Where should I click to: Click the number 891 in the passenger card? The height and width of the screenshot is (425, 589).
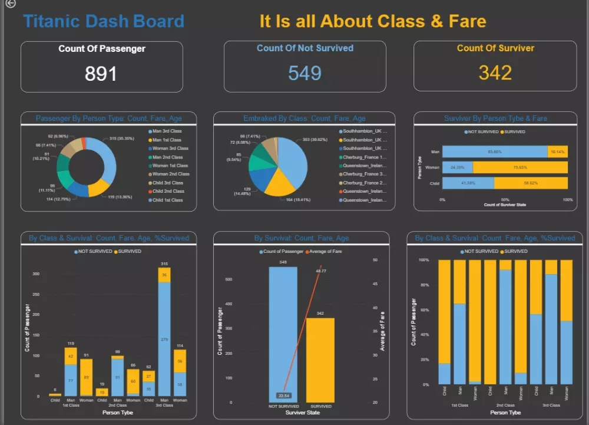[101, 74]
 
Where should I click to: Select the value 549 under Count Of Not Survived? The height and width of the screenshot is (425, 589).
[305, 73]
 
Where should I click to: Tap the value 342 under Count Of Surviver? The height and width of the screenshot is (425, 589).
[495, 73]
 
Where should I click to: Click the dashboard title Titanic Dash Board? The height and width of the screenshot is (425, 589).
[104, 22]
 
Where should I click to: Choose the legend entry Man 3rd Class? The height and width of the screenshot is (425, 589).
[167, 131]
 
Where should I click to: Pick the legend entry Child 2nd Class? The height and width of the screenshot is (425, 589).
[168, 191]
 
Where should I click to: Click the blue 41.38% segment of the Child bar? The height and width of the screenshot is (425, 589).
[468, 183]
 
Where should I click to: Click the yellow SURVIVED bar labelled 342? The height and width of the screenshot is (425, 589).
[320, 360]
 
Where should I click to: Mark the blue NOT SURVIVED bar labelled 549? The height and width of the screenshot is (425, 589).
[283, 330]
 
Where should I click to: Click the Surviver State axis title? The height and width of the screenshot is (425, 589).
[302, 413]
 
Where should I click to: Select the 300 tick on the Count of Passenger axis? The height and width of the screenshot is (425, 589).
[36, 274]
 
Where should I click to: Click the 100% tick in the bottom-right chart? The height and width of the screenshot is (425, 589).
[423, 259]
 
